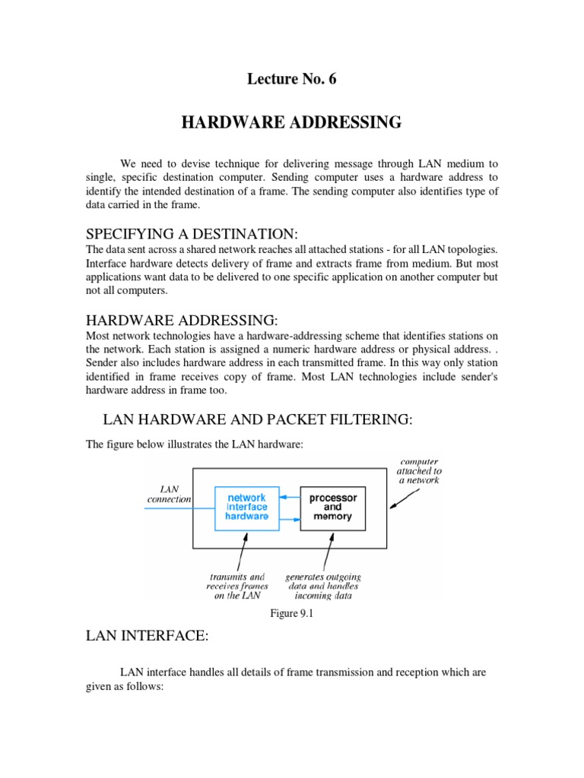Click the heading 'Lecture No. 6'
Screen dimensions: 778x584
point(292,81)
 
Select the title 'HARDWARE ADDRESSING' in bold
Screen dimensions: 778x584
point(291,123)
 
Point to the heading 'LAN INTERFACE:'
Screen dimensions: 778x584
point(146,636)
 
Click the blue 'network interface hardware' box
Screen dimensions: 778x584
point(247,507)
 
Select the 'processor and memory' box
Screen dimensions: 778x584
point(332,507)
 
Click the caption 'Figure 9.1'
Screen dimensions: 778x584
point(292,613)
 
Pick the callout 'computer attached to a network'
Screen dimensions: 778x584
point(418,470)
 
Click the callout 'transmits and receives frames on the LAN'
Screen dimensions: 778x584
point(235,587)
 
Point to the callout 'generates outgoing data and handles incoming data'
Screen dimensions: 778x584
point(322,587)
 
